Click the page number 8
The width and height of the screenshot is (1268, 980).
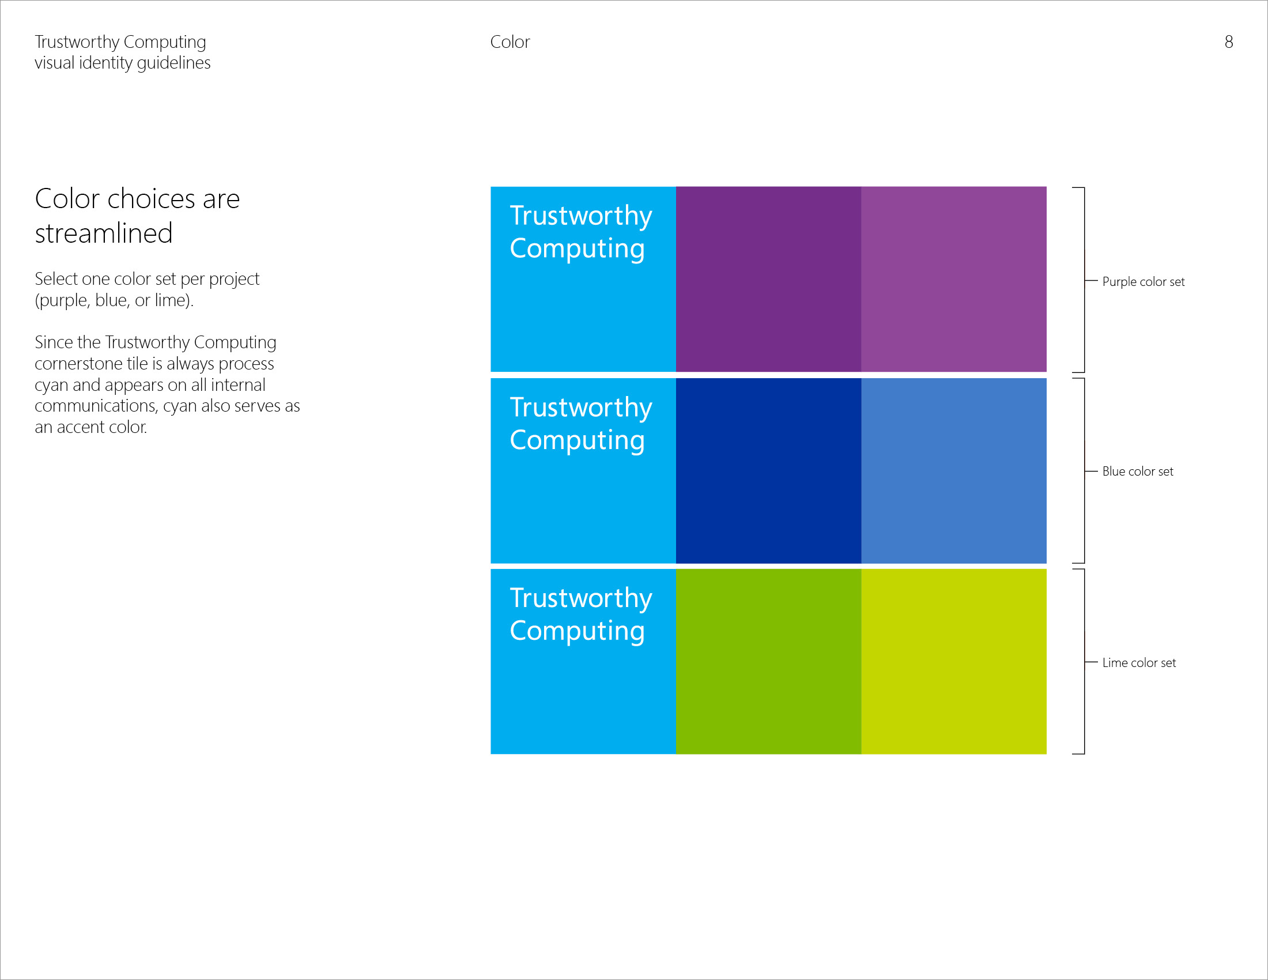(x=1229, y=42)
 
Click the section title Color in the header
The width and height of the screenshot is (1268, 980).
(x=510, y=42)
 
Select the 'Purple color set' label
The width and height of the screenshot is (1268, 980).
(x=1143, y=281)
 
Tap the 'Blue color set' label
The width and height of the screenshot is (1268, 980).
(x=1137, y=472)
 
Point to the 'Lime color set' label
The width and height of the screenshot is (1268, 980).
(x=1138, y=662)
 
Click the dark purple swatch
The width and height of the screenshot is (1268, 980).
(x=768, y=278)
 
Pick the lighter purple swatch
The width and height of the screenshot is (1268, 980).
(x=953, y=278)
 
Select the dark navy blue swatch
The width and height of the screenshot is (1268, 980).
(x=768, y=470)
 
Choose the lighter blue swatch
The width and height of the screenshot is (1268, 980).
(x=953, y=470)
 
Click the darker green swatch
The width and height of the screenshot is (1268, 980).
(x=768, y=661)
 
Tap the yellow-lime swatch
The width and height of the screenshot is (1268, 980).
(x=953, y=661)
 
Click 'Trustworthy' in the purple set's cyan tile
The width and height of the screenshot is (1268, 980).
(x=580, y=216)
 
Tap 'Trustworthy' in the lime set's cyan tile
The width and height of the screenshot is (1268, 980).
(x=580, y=598)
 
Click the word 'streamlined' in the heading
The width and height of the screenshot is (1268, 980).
(x=103, y=233)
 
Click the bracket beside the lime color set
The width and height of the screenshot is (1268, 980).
(x=1084, y=661)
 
